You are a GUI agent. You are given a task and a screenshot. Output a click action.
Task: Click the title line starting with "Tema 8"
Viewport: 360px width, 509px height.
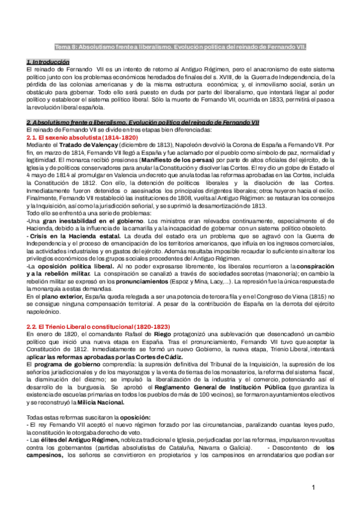tap(179, 46)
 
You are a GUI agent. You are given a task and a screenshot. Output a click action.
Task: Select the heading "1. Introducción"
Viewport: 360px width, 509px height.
tap(48, 62)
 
